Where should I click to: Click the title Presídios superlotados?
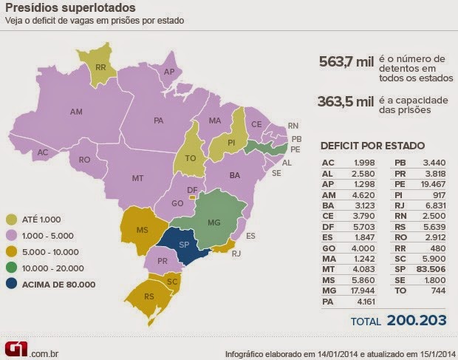tap(70, 9)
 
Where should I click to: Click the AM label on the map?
tap(76, 112)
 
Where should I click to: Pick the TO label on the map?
tap(190, 158)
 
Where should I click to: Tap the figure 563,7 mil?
tap(343, 62)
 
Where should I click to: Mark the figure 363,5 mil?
tap(343, 103)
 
